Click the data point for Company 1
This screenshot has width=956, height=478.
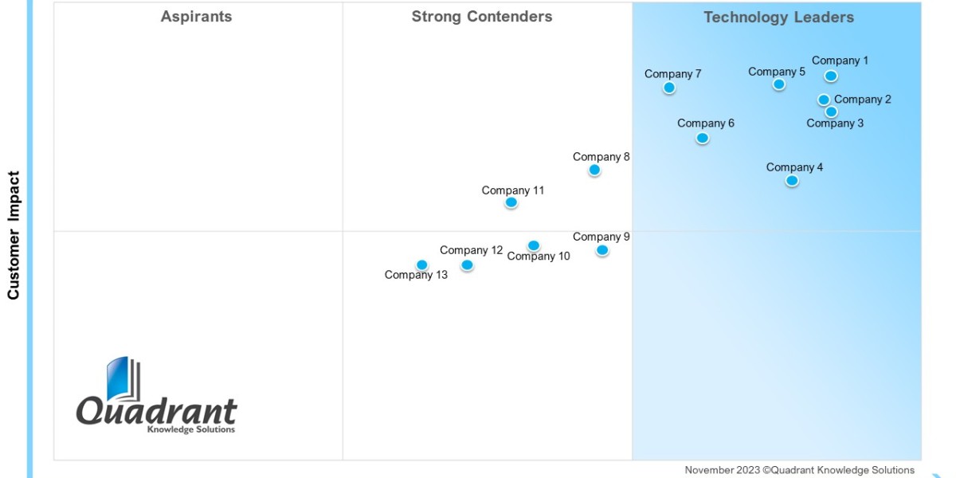(x=831, y=76)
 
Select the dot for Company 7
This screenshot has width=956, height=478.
(x=669, y=88)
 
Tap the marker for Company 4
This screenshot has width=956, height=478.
(x=792, y=181)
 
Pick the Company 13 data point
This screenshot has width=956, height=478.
(x=422, y=265)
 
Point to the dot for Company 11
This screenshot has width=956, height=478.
(x=511, y=202)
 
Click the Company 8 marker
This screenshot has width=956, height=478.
(x=594, y=170)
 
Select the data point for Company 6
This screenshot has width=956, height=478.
(x=702, y=138)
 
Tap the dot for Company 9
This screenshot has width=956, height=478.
(x=602, y=250)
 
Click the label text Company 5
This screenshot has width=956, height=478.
(x=777, y=72)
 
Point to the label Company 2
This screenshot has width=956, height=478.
(x=863, y=100)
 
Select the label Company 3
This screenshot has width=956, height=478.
(x=835, y=123)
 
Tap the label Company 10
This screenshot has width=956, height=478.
(x=539, y=257)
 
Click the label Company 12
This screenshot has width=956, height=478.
(x=472, y=250)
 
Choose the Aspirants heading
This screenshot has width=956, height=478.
(x=196, y=17)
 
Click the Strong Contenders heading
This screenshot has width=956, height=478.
(x=482, y=17)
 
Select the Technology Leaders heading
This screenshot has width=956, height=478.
(x=778, y=18)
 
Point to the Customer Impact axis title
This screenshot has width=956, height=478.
(x=14, y=235)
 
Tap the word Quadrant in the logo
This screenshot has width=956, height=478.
(x=157, y=411)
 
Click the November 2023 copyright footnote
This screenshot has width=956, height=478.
(x=799, y=470)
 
